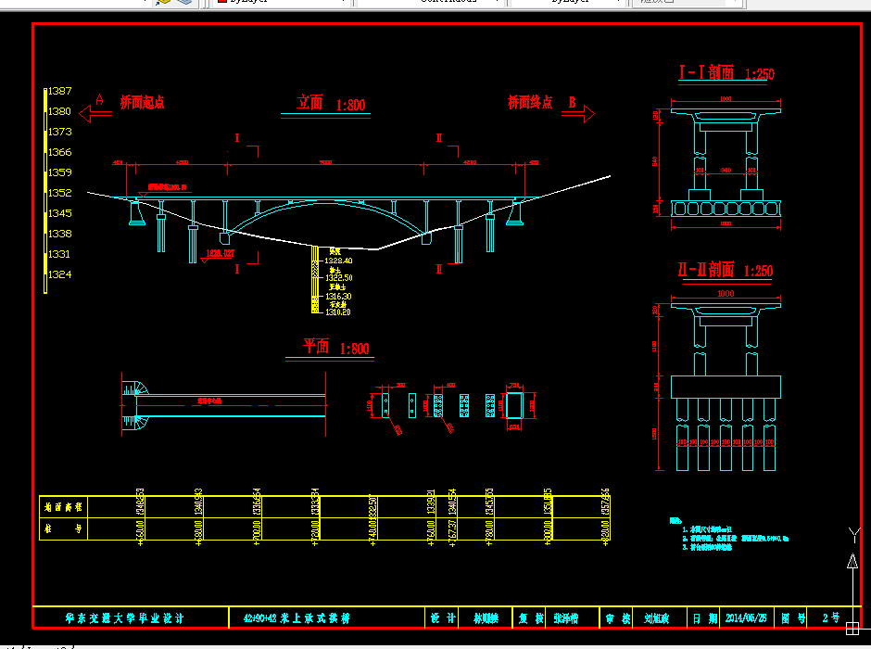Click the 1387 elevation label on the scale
60,91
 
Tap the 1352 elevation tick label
60,193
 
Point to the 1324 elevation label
60,274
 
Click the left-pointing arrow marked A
95,113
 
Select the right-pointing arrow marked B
581,113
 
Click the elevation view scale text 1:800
351,106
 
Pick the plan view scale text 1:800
355,349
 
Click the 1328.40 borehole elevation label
339,261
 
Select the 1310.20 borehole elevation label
338,312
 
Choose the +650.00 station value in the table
139,533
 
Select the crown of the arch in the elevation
324,202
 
